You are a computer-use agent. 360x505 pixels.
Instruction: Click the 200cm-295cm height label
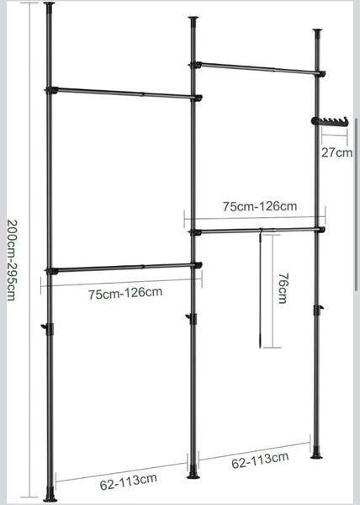pos(12,260)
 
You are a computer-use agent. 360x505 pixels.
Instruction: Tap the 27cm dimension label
pos(336,152)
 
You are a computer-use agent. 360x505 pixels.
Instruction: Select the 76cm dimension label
pos(283,288)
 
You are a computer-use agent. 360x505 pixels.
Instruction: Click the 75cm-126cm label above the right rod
pos(260,206)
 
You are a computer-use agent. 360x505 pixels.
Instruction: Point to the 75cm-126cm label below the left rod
pos(125,294)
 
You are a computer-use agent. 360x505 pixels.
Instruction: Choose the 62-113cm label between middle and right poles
pos(260,460)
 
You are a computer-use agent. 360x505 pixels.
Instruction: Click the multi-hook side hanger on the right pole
pos(330,120)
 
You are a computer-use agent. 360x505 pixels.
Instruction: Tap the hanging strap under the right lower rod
pos(260,288)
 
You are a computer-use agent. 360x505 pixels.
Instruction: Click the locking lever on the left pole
pos(48,329)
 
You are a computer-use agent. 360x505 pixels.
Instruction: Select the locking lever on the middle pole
pos(192,318)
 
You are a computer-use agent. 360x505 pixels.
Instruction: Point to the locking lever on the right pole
pos(318,310)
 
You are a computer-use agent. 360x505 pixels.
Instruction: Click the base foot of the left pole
pos(50,495)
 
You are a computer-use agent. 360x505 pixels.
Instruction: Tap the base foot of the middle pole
pos(193,472)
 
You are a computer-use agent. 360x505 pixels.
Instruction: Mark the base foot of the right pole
pos(316,452)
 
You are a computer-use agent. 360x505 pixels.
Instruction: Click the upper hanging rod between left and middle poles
pos(124,93)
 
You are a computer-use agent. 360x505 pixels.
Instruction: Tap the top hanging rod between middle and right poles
pos(257,69)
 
